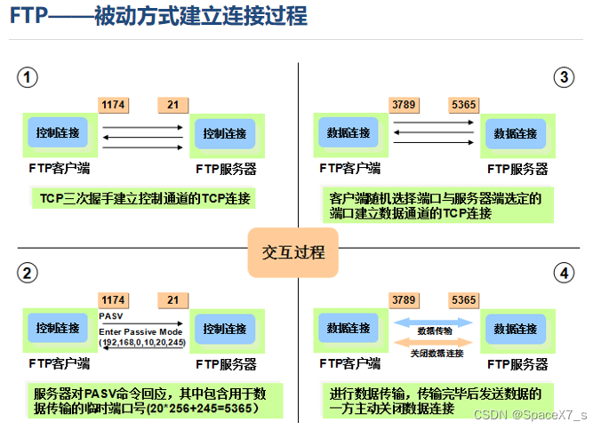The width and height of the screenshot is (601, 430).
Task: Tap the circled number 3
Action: click(x=564, y=77)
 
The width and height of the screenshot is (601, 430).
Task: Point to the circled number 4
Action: click(x=564, y=274)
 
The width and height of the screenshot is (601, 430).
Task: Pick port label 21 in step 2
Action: click(x=172, y=300)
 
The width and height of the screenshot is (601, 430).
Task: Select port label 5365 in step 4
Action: click(x=463, y=300)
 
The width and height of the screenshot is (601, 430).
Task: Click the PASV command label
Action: click(x=111, y=315)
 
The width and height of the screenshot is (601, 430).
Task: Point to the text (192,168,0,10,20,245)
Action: click(x=142, y=342)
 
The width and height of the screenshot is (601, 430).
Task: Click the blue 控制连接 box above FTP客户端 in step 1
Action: click(x=58, y=133)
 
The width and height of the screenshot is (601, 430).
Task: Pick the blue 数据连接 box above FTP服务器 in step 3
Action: click(x=516, y=133)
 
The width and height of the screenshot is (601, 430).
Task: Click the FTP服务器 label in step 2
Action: click(x=226, y=363)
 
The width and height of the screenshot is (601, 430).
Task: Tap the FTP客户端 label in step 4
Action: click(x=349, y=363)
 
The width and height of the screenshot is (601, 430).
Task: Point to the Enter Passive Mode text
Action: click(x=142, y=330)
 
